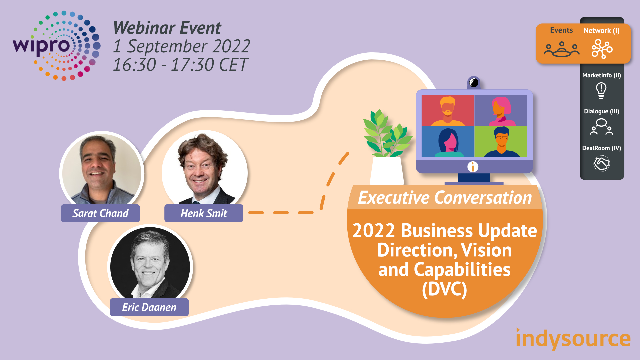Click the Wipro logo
coord(57,46)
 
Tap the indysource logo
coord(573,338)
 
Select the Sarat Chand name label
coord(100,213)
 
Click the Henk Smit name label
coord(204,213)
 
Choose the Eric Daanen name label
coord(149,307)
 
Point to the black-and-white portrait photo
coord(150,263)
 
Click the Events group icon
coord(562,49)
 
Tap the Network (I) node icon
coord(602,49)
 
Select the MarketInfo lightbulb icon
coord(601,90)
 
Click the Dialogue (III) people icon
coord(601,127)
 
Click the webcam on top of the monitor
coord(474,82)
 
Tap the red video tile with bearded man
coord(448,110)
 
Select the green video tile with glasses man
coord(501,141)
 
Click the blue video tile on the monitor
coord(448,141)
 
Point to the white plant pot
coord(387,171)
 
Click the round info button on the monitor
coord(473,167)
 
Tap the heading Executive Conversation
coord(445,198)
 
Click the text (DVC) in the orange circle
coord(444,289)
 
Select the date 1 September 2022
coord(182,46)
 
